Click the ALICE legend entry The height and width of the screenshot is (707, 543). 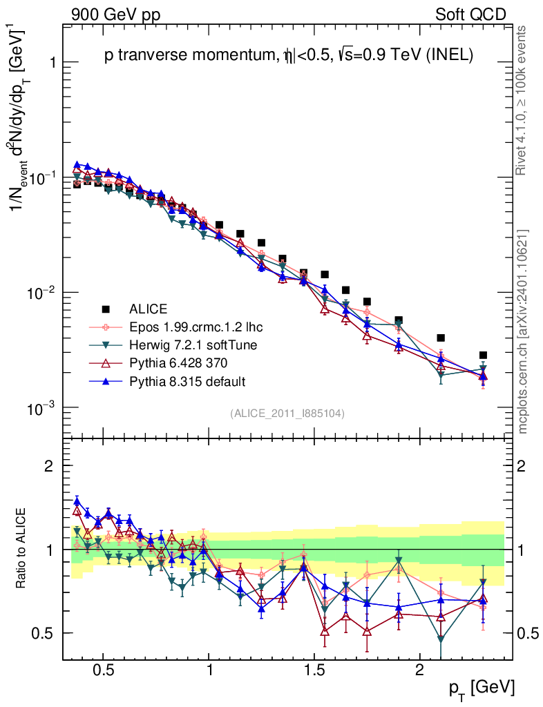148,309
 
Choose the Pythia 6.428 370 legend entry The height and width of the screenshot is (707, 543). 178,362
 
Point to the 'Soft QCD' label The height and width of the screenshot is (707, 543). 470,14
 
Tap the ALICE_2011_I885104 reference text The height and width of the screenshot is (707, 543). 287,413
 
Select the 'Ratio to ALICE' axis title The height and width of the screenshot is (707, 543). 23,549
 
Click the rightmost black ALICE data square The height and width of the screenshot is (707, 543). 483,355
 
